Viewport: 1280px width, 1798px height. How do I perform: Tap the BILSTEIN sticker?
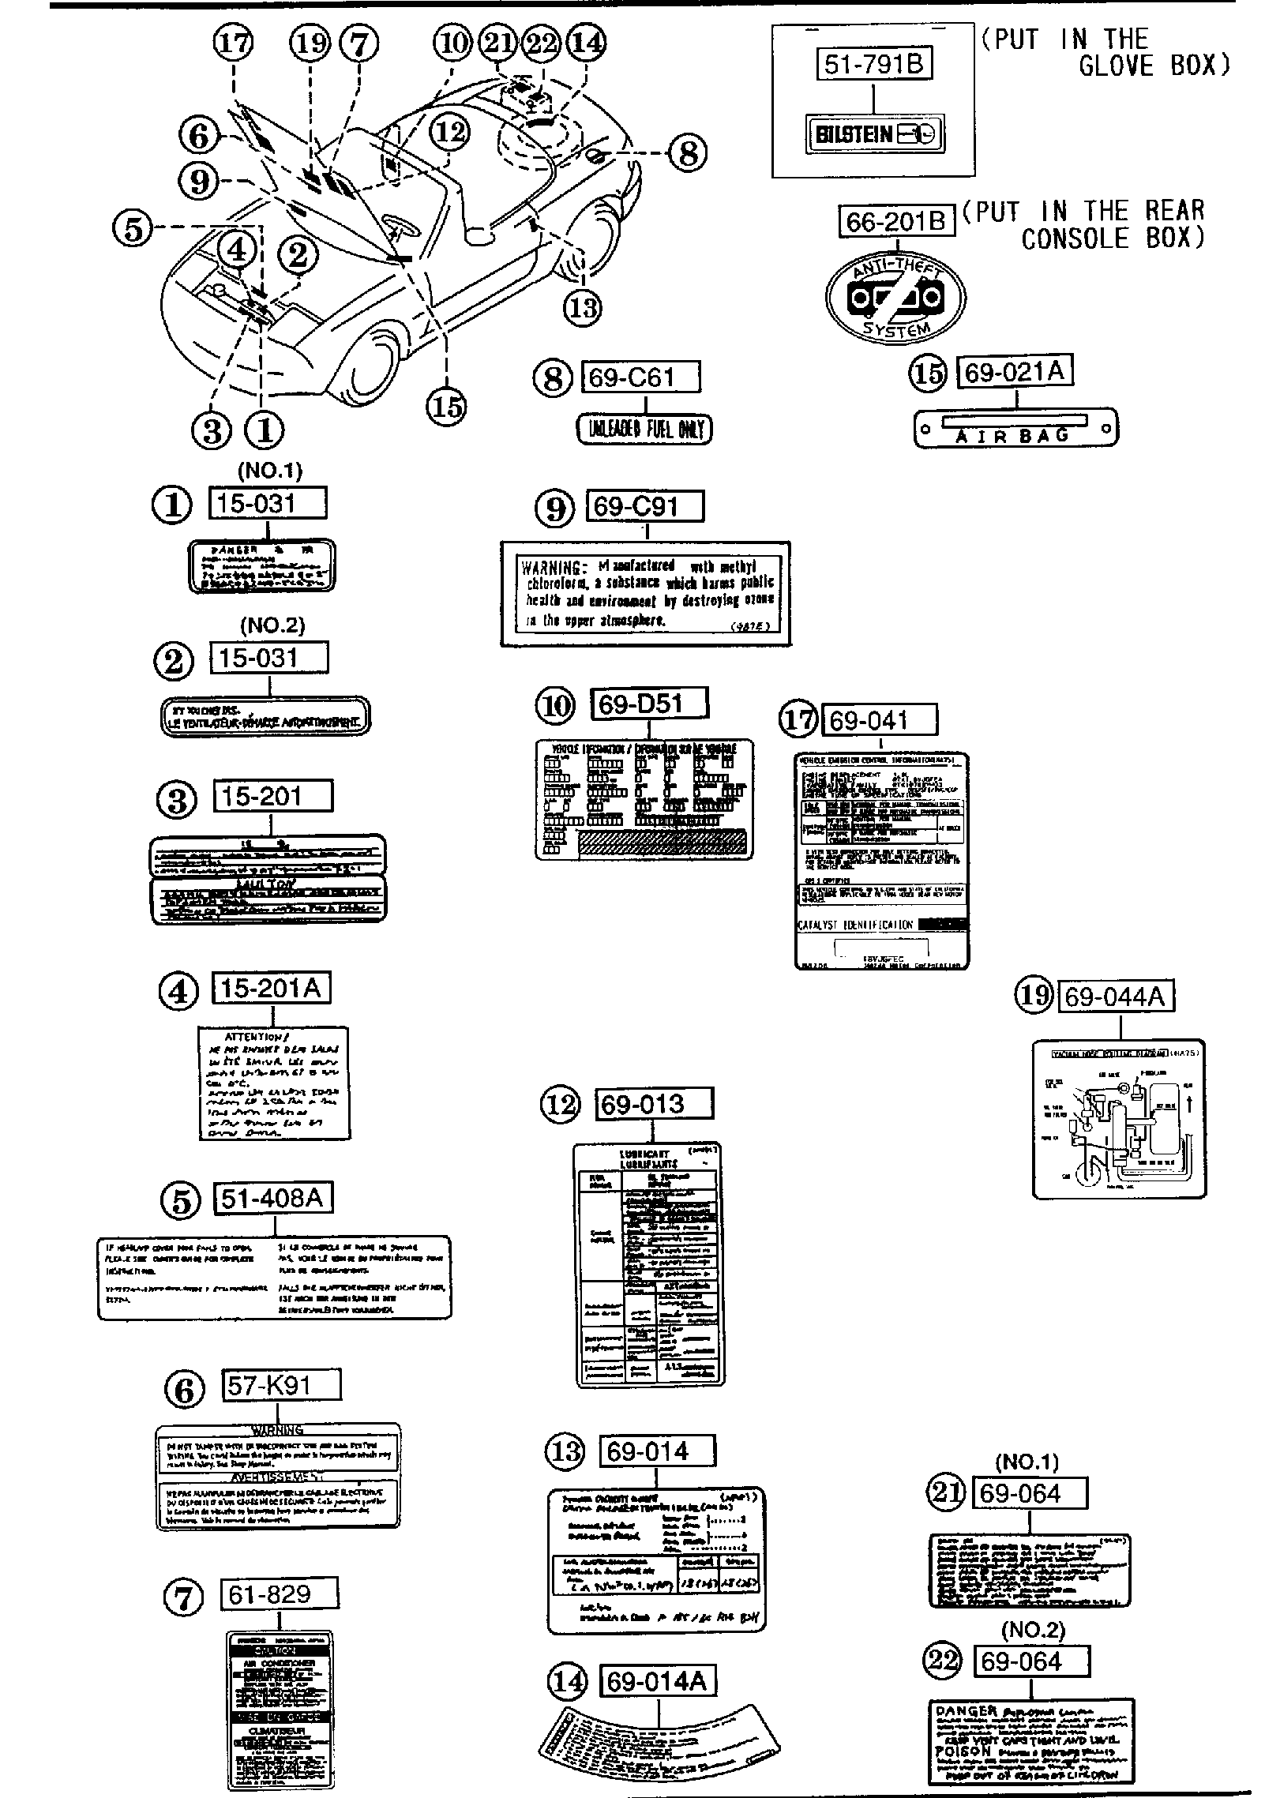click(874, 134)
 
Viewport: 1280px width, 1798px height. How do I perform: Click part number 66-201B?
click(895, 222)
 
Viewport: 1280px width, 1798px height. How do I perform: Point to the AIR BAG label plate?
click(1015, 429)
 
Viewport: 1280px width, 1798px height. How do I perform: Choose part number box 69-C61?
click(640, 377)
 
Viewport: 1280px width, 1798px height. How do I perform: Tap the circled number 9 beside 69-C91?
click(556, 509)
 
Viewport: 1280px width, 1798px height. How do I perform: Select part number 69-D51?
click(649, 704)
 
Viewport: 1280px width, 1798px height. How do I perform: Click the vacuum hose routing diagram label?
click(1118, 1118)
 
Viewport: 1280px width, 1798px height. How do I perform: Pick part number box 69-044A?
click(1115, 997)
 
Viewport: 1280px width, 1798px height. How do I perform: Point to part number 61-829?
click(279, 1593)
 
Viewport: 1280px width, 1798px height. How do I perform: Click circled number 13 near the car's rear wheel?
click(583, 307)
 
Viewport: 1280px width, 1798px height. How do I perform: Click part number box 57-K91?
click(283, 1385)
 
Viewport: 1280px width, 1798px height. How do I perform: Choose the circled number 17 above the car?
click(234, 44)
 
